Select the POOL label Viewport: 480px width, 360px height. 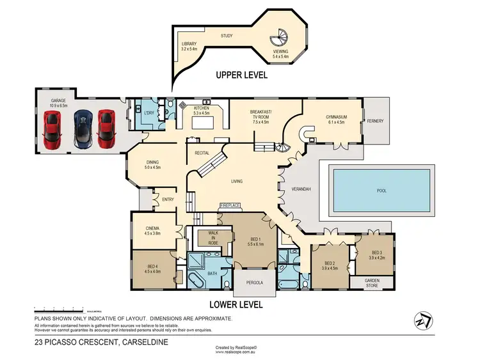pyautogui.click(x=381, y=191)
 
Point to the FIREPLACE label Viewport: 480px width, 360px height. pyautogui.click(x=230, y=205)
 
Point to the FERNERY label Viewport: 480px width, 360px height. pyautogui.click(x=375, y=120)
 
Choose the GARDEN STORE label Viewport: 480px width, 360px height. pyautogui.click(x=372, y=282)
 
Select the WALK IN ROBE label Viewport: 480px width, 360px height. pyautogui.click(x=209, y=238)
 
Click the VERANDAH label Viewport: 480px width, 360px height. pyautogui.click(x=301, y=190)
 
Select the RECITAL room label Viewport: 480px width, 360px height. pyautogui.click(x=194, y=153)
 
